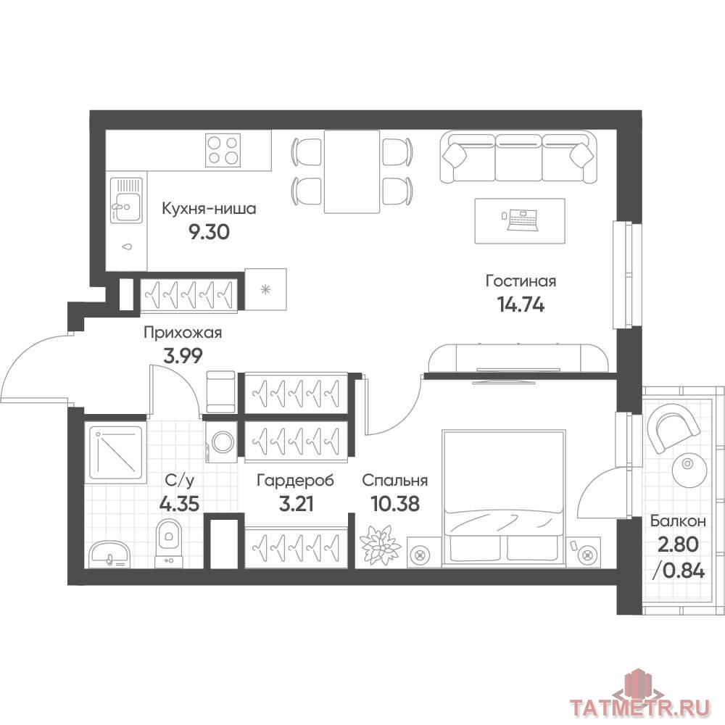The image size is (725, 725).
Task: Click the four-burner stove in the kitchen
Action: [x=223, y=149]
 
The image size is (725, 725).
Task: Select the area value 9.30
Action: [x=209, y=232]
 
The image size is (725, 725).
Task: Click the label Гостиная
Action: [x=521, y=281]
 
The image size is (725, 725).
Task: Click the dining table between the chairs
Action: [x=352, y=172]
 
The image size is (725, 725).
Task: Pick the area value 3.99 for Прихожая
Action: [x=183, y=356]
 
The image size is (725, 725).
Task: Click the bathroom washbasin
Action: [x=109, y=554]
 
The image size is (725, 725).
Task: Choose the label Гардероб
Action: [x=296, y=481]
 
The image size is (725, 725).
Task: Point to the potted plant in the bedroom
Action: [x=380, y=544]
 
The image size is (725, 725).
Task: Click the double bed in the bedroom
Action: [x=505, y=498]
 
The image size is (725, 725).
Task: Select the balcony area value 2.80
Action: [x=678, y=544]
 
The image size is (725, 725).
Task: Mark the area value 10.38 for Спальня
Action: [x=395, y=504]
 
